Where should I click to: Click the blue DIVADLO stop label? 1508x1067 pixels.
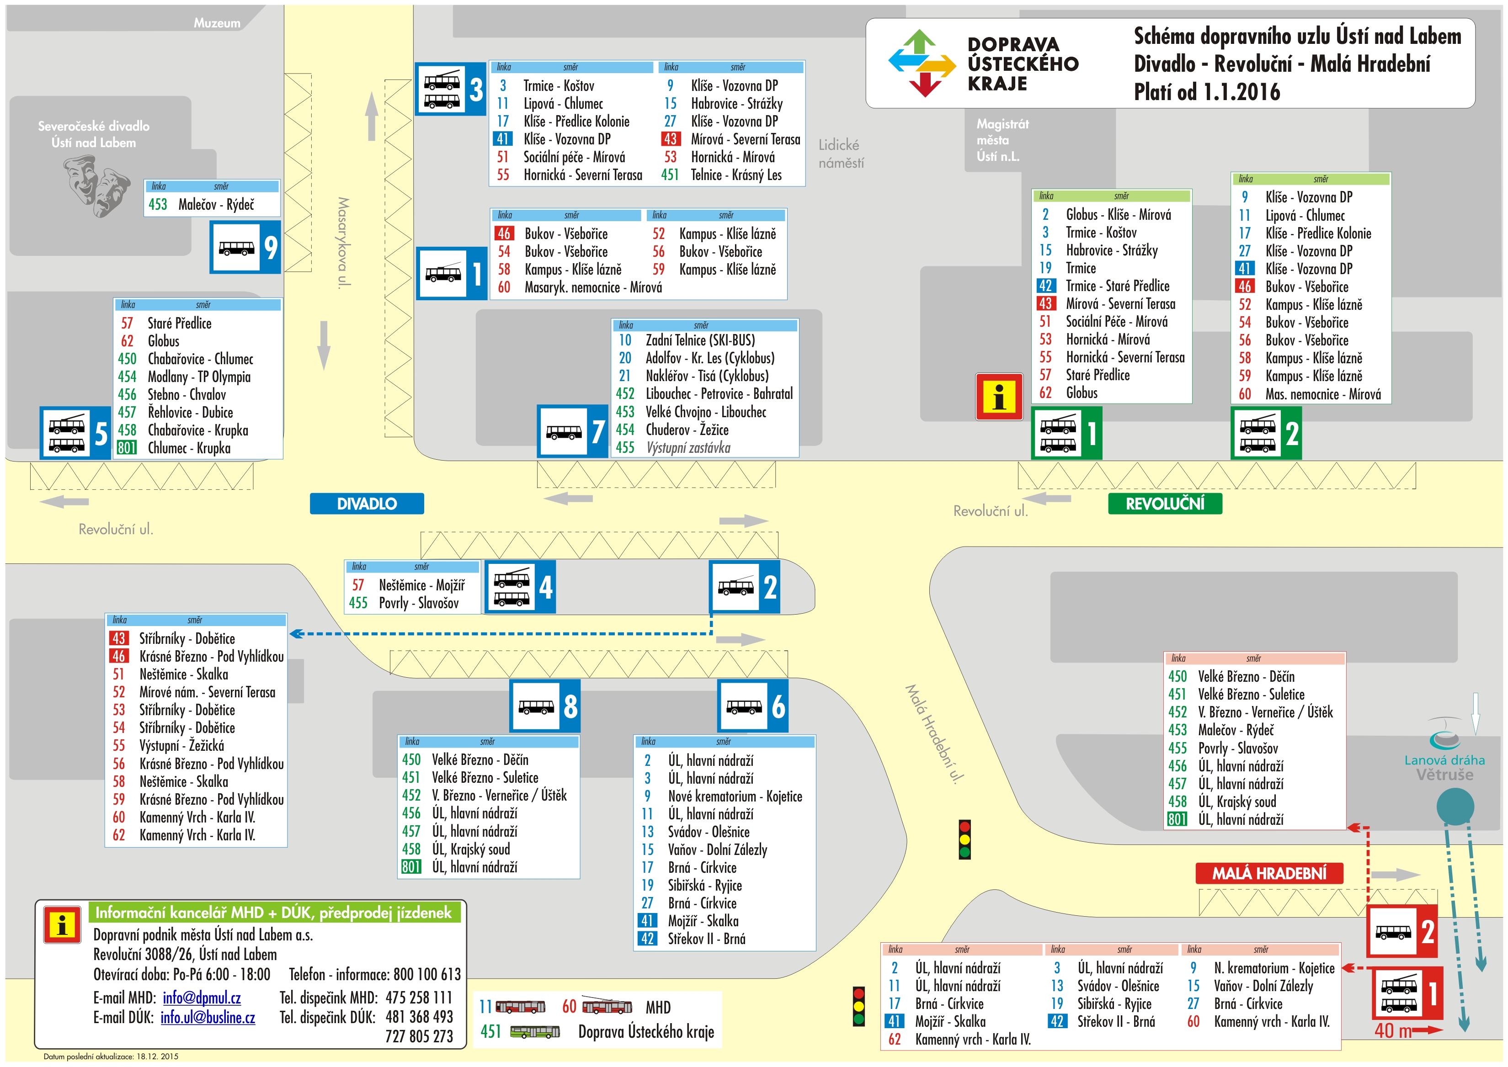click(x=367, y=504)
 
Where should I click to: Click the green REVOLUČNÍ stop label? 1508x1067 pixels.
click(x=1165, y=504)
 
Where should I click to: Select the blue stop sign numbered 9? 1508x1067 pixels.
click(x=245, y=247)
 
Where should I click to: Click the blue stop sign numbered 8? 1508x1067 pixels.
click(x=545, y=706)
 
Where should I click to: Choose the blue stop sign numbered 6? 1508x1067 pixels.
click(x=752, y=706)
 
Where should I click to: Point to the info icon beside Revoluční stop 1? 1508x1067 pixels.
click(x=999, y=397)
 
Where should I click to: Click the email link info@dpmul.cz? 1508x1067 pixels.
click(x=202, y=998)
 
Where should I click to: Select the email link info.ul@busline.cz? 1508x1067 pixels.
click(x=208, y=1018)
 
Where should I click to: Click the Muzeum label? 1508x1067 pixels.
click(x=217, y=23)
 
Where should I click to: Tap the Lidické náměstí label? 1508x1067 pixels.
click(x=841, y=154)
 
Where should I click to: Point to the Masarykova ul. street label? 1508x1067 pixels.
click(x=343, y=242)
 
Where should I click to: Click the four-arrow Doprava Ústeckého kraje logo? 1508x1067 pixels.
click(x=922, y=63)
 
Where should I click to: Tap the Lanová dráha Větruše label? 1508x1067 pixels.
click(x=1444, y=767)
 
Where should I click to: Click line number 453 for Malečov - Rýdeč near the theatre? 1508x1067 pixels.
click(x=158, y=204)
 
